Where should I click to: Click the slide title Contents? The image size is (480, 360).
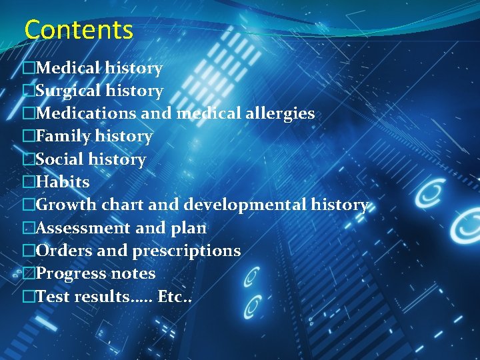click(79, 31)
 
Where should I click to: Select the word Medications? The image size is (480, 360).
click(86, 113)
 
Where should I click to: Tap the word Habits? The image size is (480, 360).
click(62, 182)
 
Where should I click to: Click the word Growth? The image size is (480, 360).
click(65, 205)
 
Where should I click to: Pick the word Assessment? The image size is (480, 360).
click(83, 228)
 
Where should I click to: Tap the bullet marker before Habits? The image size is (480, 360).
click(28, 182)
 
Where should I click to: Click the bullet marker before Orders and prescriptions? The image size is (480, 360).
click(28, 251)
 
